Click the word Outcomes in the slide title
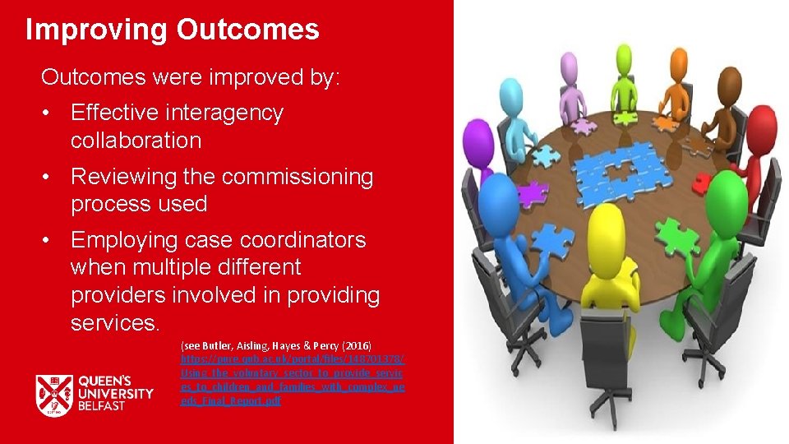pos(247,30)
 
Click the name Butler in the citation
pos(215,346)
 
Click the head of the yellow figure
pos(606,224)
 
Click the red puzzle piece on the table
pos(702,183)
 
